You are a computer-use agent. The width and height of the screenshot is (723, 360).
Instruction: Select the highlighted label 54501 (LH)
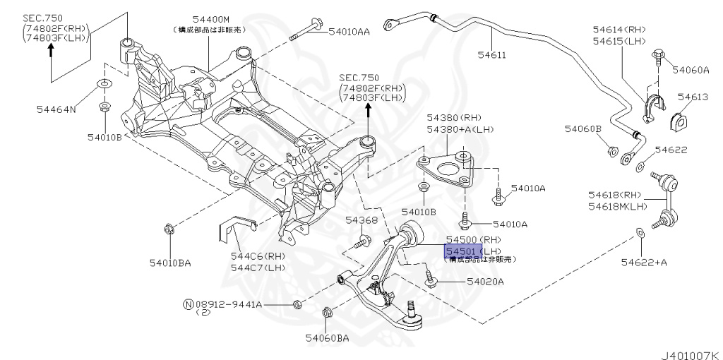pos(462,251)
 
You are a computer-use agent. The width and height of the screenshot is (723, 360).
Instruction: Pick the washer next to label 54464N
pos(104,86)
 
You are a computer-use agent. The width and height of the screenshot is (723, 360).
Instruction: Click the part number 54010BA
pos(169,263)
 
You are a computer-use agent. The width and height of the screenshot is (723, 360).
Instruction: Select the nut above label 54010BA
pos(168,228)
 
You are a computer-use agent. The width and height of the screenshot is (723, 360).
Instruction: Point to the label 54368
pos(361,221)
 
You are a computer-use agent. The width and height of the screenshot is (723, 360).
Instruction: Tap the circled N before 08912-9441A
pos(188,304)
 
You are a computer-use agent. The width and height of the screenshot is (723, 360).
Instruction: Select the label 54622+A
pos(644,263)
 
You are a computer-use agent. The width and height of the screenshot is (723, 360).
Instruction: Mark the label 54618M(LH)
pos(618,206)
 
